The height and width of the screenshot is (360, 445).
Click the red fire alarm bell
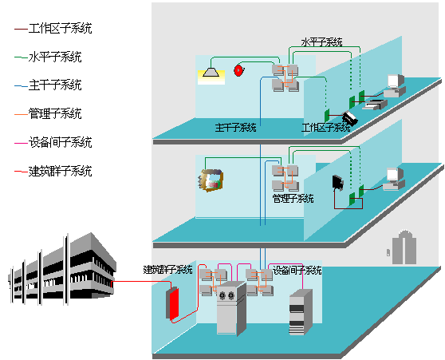coord(239,70)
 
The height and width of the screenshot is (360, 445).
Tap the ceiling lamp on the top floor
coord(211,72)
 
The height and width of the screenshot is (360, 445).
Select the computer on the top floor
coord(395,85)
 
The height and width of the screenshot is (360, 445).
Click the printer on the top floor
coord(375,105)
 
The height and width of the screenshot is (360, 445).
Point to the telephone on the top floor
coord(349,118)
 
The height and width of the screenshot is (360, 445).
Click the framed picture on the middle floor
coord(211,180)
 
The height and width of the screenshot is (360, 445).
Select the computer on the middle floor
coord(394,179)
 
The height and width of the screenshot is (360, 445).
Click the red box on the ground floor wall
coord(172,304)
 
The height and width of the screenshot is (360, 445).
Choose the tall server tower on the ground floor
coord(301,312)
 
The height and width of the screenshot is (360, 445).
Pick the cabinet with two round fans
coord(231,308)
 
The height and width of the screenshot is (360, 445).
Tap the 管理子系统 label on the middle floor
coord(293,198)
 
